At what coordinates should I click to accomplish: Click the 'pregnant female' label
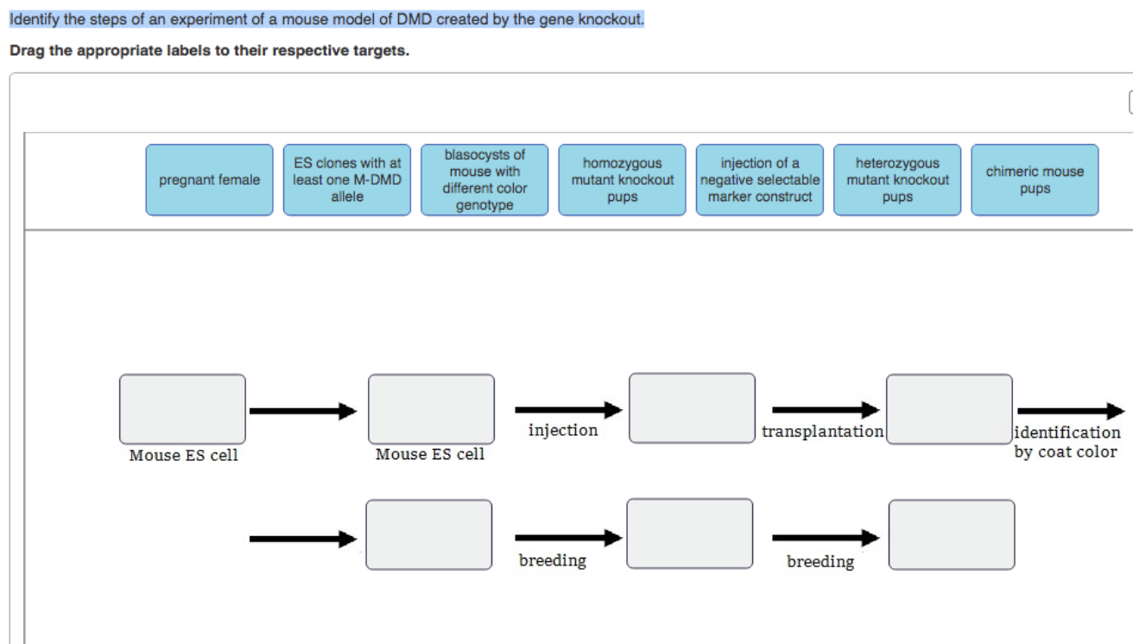point(209,180)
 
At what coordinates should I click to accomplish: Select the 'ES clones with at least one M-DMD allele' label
point(347,180)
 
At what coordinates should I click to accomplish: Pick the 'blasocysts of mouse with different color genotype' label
point(484,180)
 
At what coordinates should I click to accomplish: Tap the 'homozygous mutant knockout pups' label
point(622,180)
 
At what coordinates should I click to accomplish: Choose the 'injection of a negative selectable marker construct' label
point(760,180)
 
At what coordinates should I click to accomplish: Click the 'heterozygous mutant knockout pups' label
point(897,180)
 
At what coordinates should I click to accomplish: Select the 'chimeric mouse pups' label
point(1035,180)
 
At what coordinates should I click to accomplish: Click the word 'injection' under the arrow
point(563,430)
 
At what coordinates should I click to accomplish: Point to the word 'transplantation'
point(823,431)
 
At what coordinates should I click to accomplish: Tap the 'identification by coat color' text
point(1067,442)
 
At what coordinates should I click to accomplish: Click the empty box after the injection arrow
point(692,408)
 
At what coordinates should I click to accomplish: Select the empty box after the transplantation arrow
point(949,409)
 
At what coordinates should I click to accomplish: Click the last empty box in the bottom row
point(952,535)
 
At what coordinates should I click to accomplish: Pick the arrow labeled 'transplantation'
point(826,409)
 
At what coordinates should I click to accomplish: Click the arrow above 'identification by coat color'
point(1072,411)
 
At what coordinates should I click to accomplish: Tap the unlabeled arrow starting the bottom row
point(303,539)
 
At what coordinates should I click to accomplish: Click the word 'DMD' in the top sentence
point(415,19)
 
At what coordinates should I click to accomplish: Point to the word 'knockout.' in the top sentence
point(611,19)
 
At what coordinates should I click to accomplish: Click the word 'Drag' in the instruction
point(28,51)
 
